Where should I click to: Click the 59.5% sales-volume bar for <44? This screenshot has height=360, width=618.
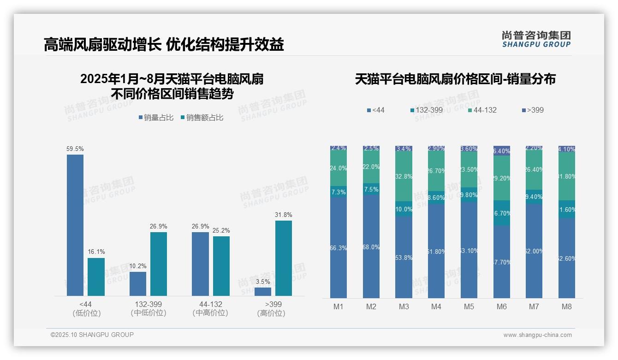tap(75, 225)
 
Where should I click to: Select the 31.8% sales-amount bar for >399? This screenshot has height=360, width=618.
tap(284, 258)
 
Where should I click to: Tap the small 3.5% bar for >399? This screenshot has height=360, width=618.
tap(263, 292)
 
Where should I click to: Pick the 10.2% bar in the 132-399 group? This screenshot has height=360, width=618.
tap(138, 284)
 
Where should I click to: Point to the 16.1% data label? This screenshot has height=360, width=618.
tap(96, 252)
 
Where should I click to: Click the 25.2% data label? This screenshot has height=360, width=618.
tap(221, 230)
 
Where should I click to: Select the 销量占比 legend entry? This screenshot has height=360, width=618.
tap(155, 118)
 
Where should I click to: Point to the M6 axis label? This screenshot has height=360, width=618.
tap(502, 306)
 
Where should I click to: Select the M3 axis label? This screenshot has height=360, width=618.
tap(404, 306)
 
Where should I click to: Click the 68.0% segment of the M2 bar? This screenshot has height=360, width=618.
tap(371, 246)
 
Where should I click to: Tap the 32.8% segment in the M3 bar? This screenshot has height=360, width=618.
tap(404, 176)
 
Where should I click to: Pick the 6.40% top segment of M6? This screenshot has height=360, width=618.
tap(502, 151)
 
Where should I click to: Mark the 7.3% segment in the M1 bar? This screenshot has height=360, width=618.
tap(339, 192)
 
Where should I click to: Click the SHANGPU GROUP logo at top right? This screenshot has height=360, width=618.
tap(536, 39)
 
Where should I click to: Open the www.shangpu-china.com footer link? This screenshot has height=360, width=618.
tap(537, 335)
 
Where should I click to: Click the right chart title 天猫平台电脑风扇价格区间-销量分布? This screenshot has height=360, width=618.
tap(455, 79)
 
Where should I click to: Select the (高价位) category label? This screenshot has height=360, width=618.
tap(271, 313)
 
